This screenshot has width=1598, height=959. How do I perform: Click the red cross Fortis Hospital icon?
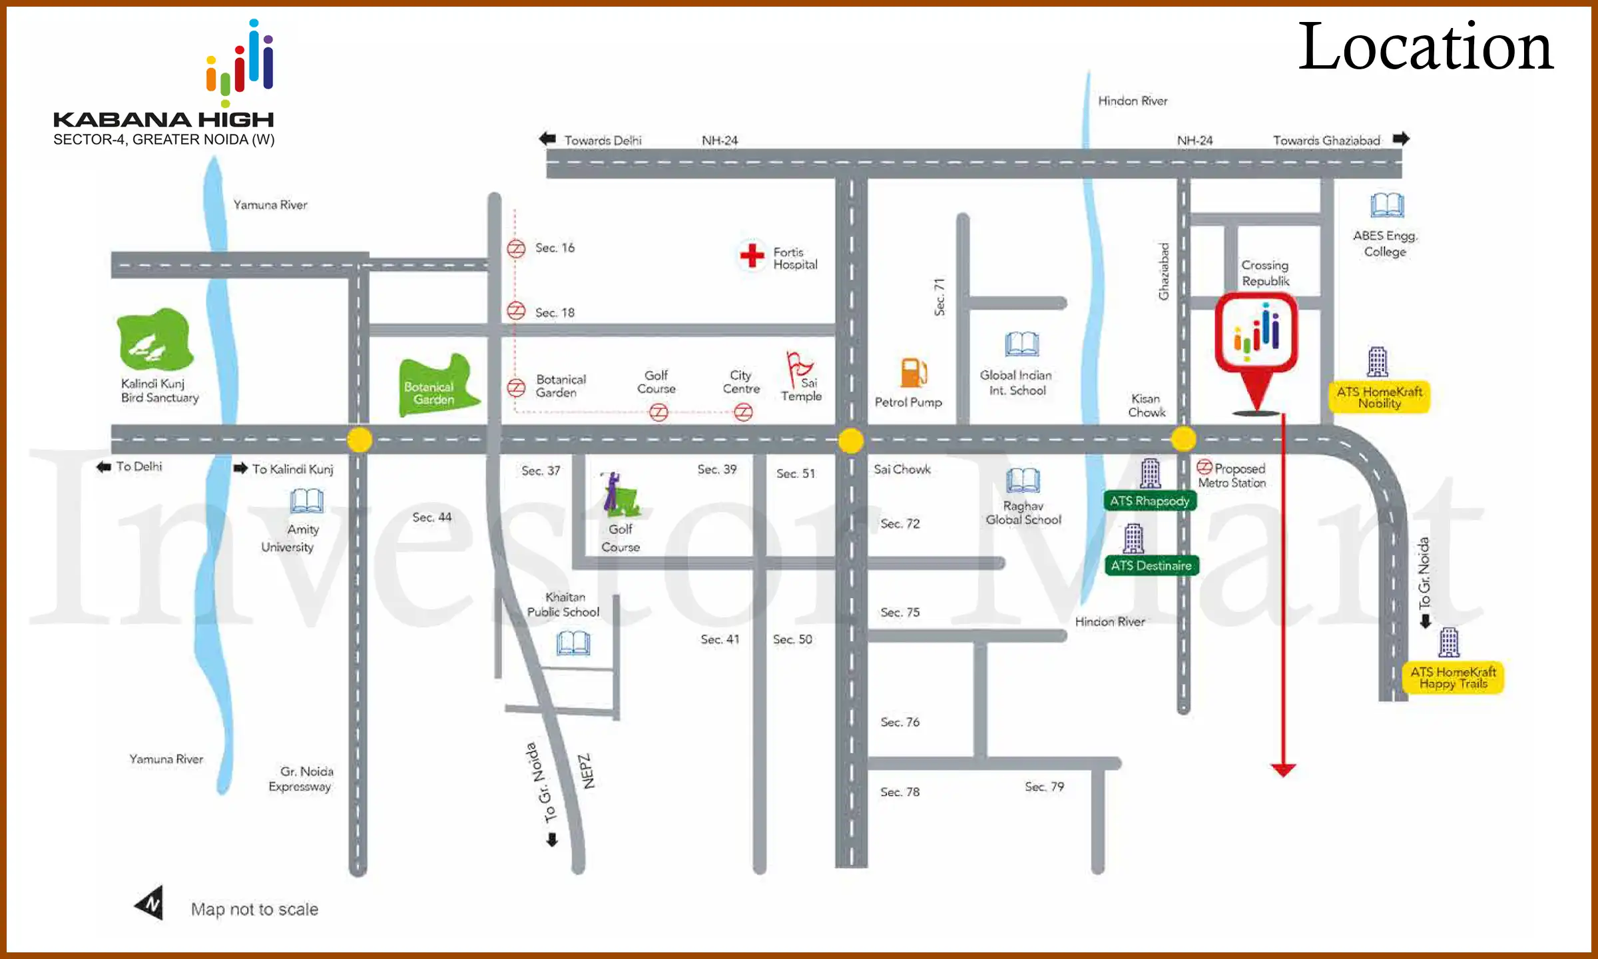(x=752, y=255)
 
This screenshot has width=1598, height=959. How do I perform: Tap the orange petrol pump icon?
(x=914, y=372)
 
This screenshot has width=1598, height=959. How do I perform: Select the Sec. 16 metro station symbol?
(x=516, y=248)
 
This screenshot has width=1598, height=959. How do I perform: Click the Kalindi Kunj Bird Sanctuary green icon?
(x=155, y=340)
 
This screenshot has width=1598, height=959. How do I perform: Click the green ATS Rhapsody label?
(x=1149, y=501)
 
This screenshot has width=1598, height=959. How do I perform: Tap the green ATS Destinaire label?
(x=1151, y=565)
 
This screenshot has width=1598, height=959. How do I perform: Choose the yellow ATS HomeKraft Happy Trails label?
(x=1453, y=677)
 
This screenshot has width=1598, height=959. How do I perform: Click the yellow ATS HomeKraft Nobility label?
(x=1379, y=397)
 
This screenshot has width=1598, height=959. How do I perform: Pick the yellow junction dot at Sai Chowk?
(x=851, y=440)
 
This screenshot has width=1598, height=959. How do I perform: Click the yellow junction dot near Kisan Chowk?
(x=1183, y=439)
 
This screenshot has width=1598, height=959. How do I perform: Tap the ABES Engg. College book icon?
(x=1387, y=206)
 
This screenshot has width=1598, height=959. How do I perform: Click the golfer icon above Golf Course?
(x=619, y=495)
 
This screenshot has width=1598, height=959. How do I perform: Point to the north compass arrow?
(x=150, y=903)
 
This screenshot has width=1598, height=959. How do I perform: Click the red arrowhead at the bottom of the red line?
(x=1283, y=771)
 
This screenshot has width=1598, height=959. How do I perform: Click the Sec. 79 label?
(x=1044, y=787)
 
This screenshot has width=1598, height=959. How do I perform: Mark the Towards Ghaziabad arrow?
(x=1402, y=139)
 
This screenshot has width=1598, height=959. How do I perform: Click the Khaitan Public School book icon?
(x=573, y=643)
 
